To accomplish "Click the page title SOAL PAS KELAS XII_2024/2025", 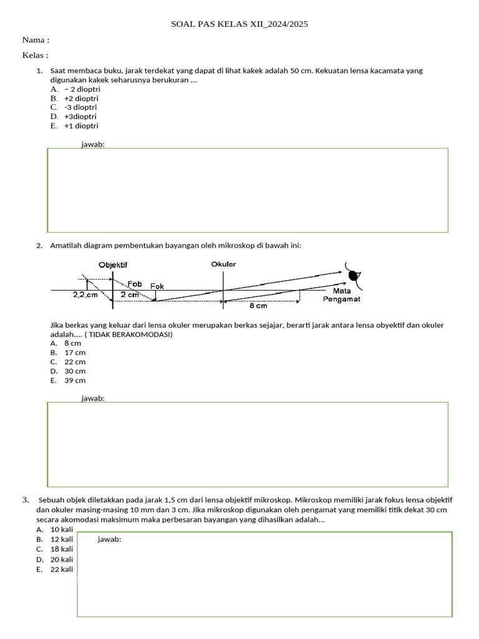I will tap(239, 24).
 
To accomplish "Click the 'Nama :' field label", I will tap(36, 40).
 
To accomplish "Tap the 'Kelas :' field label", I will tap(36, 55).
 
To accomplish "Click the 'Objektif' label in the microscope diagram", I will tap(113, 265).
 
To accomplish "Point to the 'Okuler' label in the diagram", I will tap(223, 264).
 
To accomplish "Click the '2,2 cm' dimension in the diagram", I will tap(85, 295).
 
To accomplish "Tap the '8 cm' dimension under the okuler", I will tap(258, 306).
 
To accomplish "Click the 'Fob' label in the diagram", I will tap(135, 284).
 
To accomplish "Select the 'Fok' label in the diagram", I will tap(157, 286).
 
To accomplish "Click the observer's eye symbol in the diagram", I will tap(354, 275).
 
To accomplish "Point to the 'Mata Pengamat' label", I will tap(341, 295).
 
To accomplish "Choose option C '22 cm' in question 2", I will tap(75, 362).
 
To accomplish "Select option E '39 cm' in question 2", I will tap(75, 380).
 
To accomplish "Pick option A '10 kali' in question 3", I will tap(62, 530).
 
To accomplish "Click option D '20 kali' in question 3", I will tap(62, 560).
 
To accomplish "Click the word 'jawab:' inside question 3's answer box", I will tap(109, 540).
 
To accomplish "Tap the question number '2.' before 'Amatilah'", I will tap(39, 245).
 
